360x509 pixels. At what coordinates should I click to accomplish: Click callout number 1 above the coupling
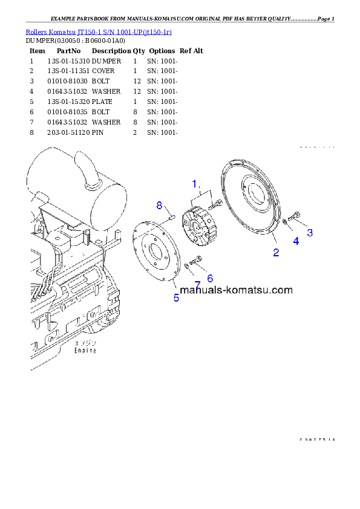tap(195, 183)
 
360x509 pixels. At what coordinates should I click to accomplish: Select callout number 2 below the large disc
tap(276, 253)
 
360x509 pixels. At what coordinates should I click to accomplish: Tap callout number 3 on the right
tap(310, 232)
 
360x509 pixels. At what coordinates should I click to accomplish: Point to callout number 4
tap(296, 241)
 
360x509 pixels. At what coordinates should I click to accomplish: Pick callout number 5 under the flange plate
tap(176, 297)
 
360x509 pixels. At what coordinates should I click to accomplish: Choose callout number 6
tap(210, 279)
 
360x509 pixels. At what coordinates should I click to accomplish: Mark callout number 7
tap(197, 284)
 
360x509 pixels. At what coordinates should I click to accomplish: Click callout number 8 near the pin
tap(160, 206)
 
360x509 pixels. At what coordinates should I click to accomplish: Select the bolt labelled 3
tap(296, 216)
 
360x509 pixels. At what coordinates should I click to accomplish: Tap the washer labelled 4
tap(285, 224)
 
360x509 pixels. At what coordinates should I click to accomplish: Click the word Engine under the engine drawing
tap(85, 350)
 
